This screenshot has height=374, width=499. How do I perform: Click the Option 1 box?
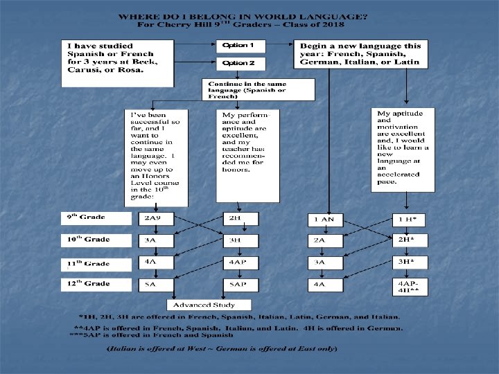point(236,46)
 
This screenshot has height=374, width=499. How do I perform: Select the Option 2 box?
point(236,64)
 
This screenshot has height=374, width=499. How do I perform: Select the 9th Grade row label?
point(96,218)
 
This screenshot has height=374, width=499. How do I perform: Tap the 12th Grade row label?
point(96,284)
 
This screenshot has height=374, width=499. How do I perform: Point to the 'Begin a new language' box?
point(361,54)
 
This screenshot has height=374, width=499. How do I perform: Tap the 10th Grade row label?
point(96,240)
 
